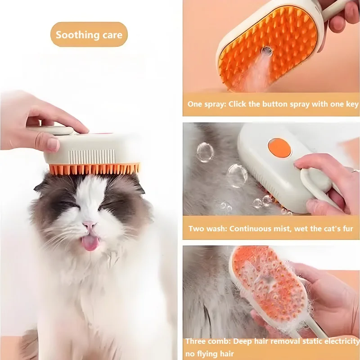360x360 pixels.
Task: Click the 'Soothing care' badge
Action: click(x=89, y=35)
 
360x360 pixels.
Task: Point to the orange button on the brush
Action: click(x=279, y=148)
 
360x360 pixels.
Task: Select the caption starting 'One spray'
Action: click(x=273, y=104)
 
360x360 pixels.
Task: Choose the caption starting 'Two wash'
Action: click(x=270, y=229)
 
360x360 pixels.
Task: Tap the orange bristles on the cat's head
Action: click(x=94, y=169)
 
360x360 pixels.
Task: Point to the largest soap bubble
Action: click(x=237, y=175)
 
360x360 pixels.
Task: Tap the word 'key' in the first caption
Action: click(x=352, y=104)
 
